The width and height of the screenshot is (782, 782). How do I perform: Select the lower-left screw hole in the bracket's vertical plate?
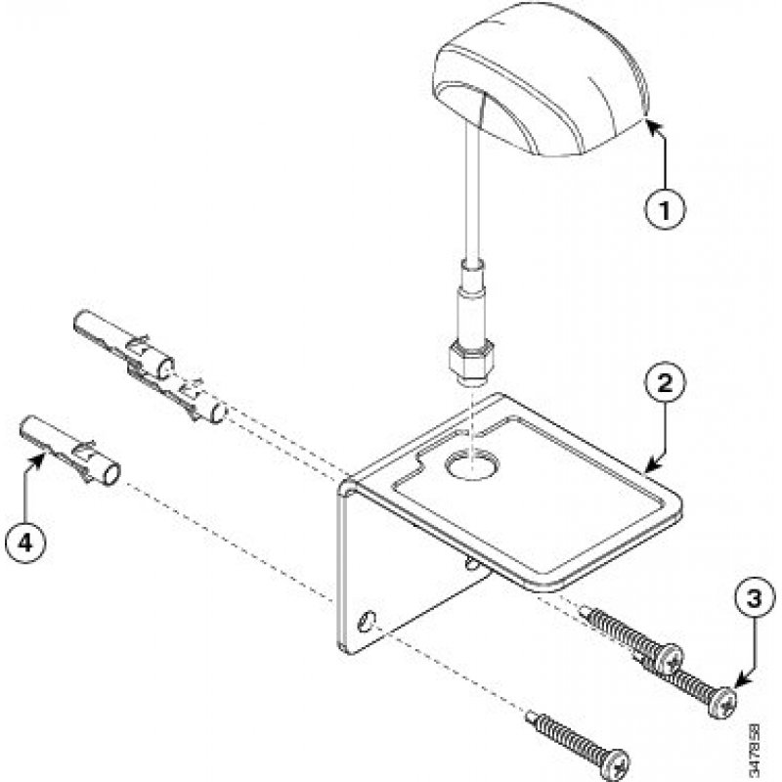coord(368,621)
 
